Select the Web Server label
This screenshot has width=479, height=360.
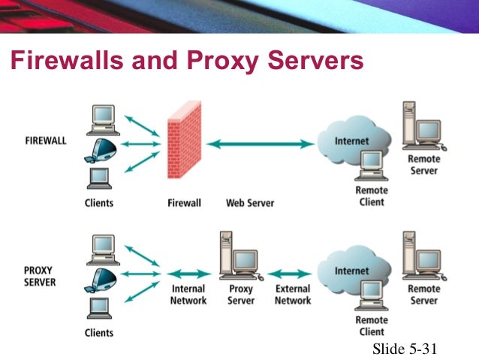(x=250, y=203)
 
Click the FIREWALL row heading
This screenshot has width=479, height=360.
(x=45, y=141)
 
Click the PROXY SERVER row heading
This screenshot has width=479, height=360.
(x=38, y=276)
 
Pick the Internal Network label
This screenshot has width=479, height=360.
(x=188, y=295)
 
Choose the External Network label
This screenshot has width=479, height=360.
(x=293, y=295)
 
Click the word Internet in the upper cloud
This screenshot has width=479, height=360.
(x=351, y=141)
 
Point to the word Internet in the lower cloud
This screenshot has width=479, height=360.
(x=351, y=271)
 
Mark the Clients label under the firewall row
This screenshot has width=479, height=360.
(x=99, y=203)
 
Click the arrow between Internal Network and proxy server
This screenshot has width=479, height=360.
(x=188, y=274)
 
